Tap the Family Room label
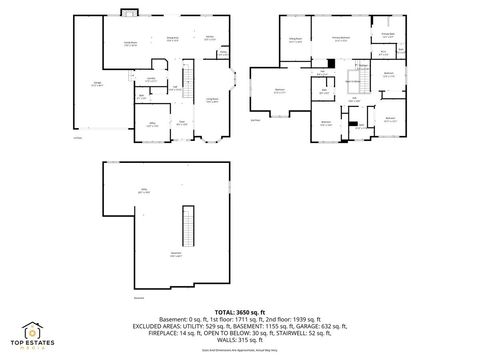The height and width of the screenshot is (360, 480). (130, 43)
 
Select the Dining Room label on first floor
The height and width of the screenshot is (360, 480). (172, 39)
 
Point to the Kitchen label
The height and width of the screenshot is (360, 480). (210, 39)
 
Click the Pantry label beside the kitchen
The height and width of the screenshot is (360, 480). (222, 52)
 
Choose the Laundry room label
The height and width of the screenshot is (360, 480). (151, 79)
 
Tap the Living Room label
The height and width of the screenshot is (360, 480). (212, 99)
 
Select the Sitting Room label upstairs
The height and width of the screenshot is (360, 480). (295, 39)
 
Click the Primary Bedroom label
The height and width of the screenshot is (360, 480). (340, 39)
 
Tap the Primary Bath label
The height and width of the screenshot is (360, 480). (387, 36)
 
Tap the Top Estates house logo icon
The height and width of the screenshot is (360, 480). (34, 327)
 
